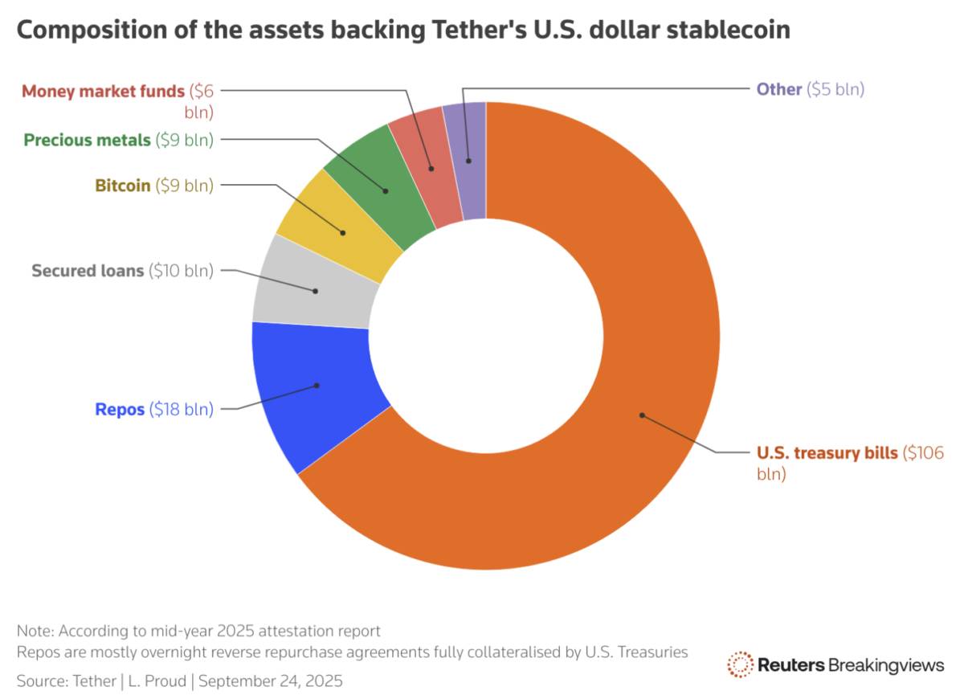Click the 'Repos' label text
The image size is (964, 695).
coord(120,409)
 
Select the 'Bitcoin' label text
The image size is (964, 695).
coord(122,186)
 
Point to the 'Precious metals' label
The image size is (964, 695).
coord(87,140)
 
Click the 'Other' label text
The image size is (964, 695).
coord(778,89)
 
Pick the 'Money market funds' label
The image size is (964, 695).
coord(103,90)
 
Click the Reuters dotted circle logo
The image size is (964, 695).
coord(739,664)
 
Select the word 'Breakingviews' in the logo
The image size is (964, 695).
coord(886,664)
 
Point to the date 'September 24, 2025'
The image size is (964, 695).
coord(271,681)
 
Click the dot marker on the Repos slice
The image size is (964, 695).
coord(317,385)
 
